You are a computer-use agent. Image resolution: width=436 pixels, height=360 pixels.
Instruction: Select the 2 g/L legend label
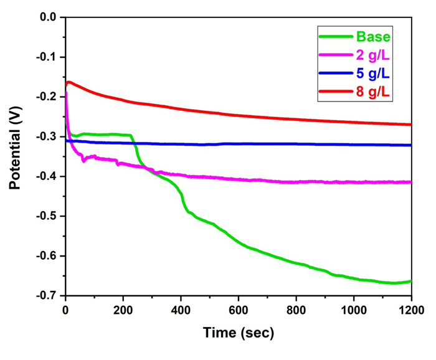373,55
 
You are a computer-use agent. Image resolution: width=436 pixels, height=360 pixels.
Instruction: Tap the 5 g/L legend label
373,74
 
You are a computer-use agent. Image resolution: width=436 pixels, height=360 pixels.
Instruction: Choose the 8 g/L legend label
373,93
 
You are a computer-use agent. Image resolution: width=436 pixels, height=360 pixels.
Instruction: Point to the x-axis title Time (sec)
239,333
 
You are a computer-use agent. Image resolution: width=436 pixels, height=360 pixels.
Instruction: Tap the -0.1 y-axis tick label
45,57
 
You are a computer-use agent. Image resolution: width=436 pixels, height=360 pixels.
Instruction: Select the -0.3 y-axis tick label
45,136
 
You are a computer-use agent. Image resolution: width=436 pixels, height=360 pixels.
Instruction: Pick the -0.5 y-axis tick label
45,216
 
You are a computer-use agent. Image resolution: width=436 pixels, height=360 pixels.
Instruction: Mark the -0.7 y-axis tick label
45,295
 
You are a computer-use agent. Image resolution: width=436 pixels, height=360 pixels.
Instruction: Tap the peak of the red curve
69,82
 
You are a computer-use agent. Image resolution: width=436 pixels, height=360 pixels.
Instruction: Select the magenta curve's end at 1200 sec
411,182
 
